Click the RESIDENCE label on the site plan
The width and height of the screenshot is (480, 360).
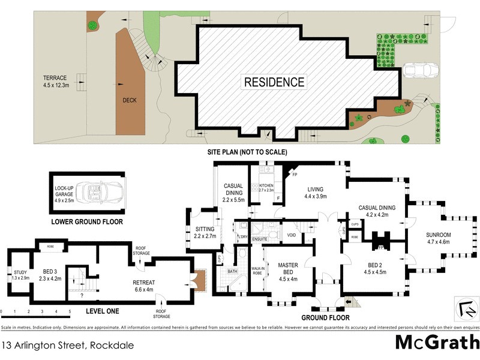[x=274, y=82]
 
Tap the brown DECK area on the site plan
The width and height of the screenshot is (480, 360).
[x=130, y=90]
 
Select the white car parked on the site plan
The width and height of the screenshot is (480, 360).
[x=419, y=71]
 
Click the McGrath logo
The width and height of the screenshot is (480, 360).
[x=437, y=342]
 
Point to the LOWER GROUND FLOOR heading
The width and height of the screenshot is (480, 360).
[x=87, y=222]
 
